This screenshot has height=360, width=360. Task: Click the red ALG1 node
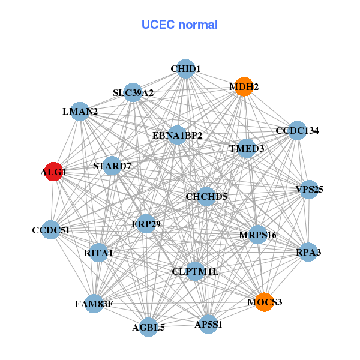53,171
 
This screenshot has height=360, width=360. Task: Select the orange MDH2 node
244,86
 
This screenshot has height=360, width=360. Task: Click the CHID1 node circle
186,69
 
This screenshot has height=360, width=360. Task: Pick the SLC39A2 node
133,92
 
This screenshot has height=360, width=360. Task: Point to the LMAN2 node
80,111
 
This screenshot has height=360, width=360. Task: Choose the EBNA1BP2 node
177,135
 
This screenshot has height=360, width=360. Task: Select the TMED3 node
247,148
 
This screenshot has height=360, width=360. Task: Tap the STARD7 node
112,165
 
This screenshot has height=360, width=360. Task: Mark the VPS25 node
309,189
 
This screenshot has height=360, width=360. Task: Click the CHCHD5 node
206,196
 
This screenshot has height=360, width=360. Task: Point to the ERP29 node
146,224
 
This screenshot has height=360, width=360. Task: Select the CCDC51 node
51,230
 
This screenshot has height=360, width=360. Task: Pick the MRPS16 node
257,234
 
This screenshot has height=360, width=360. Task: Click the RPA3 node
308,252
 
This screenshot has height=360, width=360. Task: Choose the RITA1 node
99,253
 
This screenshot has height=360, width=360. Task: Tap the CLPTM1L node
195,271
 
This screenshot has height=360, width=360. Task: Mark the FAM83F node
94,304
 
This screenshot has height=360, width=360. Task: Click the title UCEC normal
179,25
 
